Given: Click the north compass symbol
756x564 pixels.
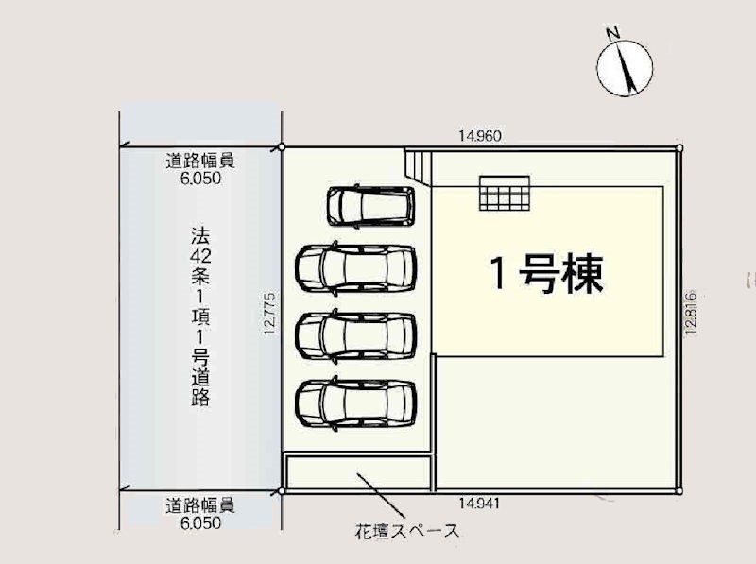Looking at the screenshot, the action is pos(625,67).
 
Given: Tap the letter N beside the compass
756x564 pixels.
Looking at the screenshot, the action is pos(612,33).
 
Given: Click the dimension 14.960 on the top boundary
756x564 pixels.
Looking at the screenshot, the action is pos(480,136).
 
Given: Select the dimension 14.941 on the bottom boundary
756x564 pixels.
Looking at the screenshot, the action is pos(479,504).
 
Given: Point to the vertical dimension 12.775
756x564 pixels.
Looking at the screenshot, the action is pos(270,314).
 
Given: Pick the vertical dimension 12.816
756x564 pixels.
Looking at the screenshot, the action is pos(691,313).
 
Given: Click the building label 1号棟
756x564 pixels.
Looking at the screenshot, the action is pos(546,273).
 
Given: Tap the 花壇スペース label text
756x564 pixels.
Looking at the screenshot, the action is pos(407,531).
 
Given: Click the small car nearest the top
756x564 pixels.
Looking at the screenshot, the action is pos(370,206).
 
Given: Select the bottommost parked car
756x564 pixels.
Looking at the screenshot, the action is pos(356,403).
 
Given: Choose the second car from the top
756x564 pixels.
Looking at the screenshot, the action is pos(356,268).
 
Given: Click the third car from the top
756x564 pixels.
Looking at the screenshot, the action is pos(356,336).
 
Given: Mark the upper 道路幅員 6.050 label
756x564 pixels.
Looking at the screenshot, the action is pos(200,169).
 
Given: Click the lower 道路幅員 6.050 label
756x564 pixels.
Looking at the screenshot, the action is pos(200,514).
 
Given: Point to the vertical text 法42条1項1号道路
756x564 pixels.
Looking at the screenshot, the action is pos(200,316).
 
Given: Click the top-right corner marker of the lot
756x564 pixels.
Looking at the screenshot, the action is pos(679,147).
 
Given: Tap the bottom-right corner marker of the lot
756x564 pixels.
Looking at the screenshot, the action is pos(679,491).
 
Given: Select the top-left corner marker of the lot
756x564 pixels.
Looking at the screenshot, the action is pos(282,147).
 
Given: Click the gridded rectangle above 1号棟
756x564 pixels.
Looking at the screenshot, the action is pos(505,194).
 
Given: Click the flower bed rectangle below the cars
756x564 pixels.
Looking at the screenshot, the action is pos(358,472).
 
